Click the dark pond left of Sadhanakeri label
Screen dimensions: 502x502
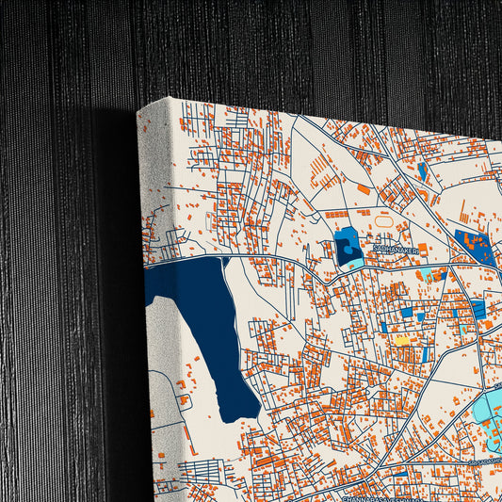click(347, 248)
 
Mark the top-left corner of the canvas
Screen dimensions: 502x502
click(138, 109)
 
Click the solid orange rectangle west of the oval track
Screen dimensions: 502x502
click(364, 189)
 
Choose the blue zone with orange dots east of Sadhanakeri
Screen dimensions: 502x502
click(473, 245)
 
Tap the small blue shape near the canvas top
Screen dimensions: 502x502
click(422, 170)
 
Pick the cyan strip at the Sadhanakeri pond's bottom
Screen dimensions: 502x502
click(349, 265)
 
